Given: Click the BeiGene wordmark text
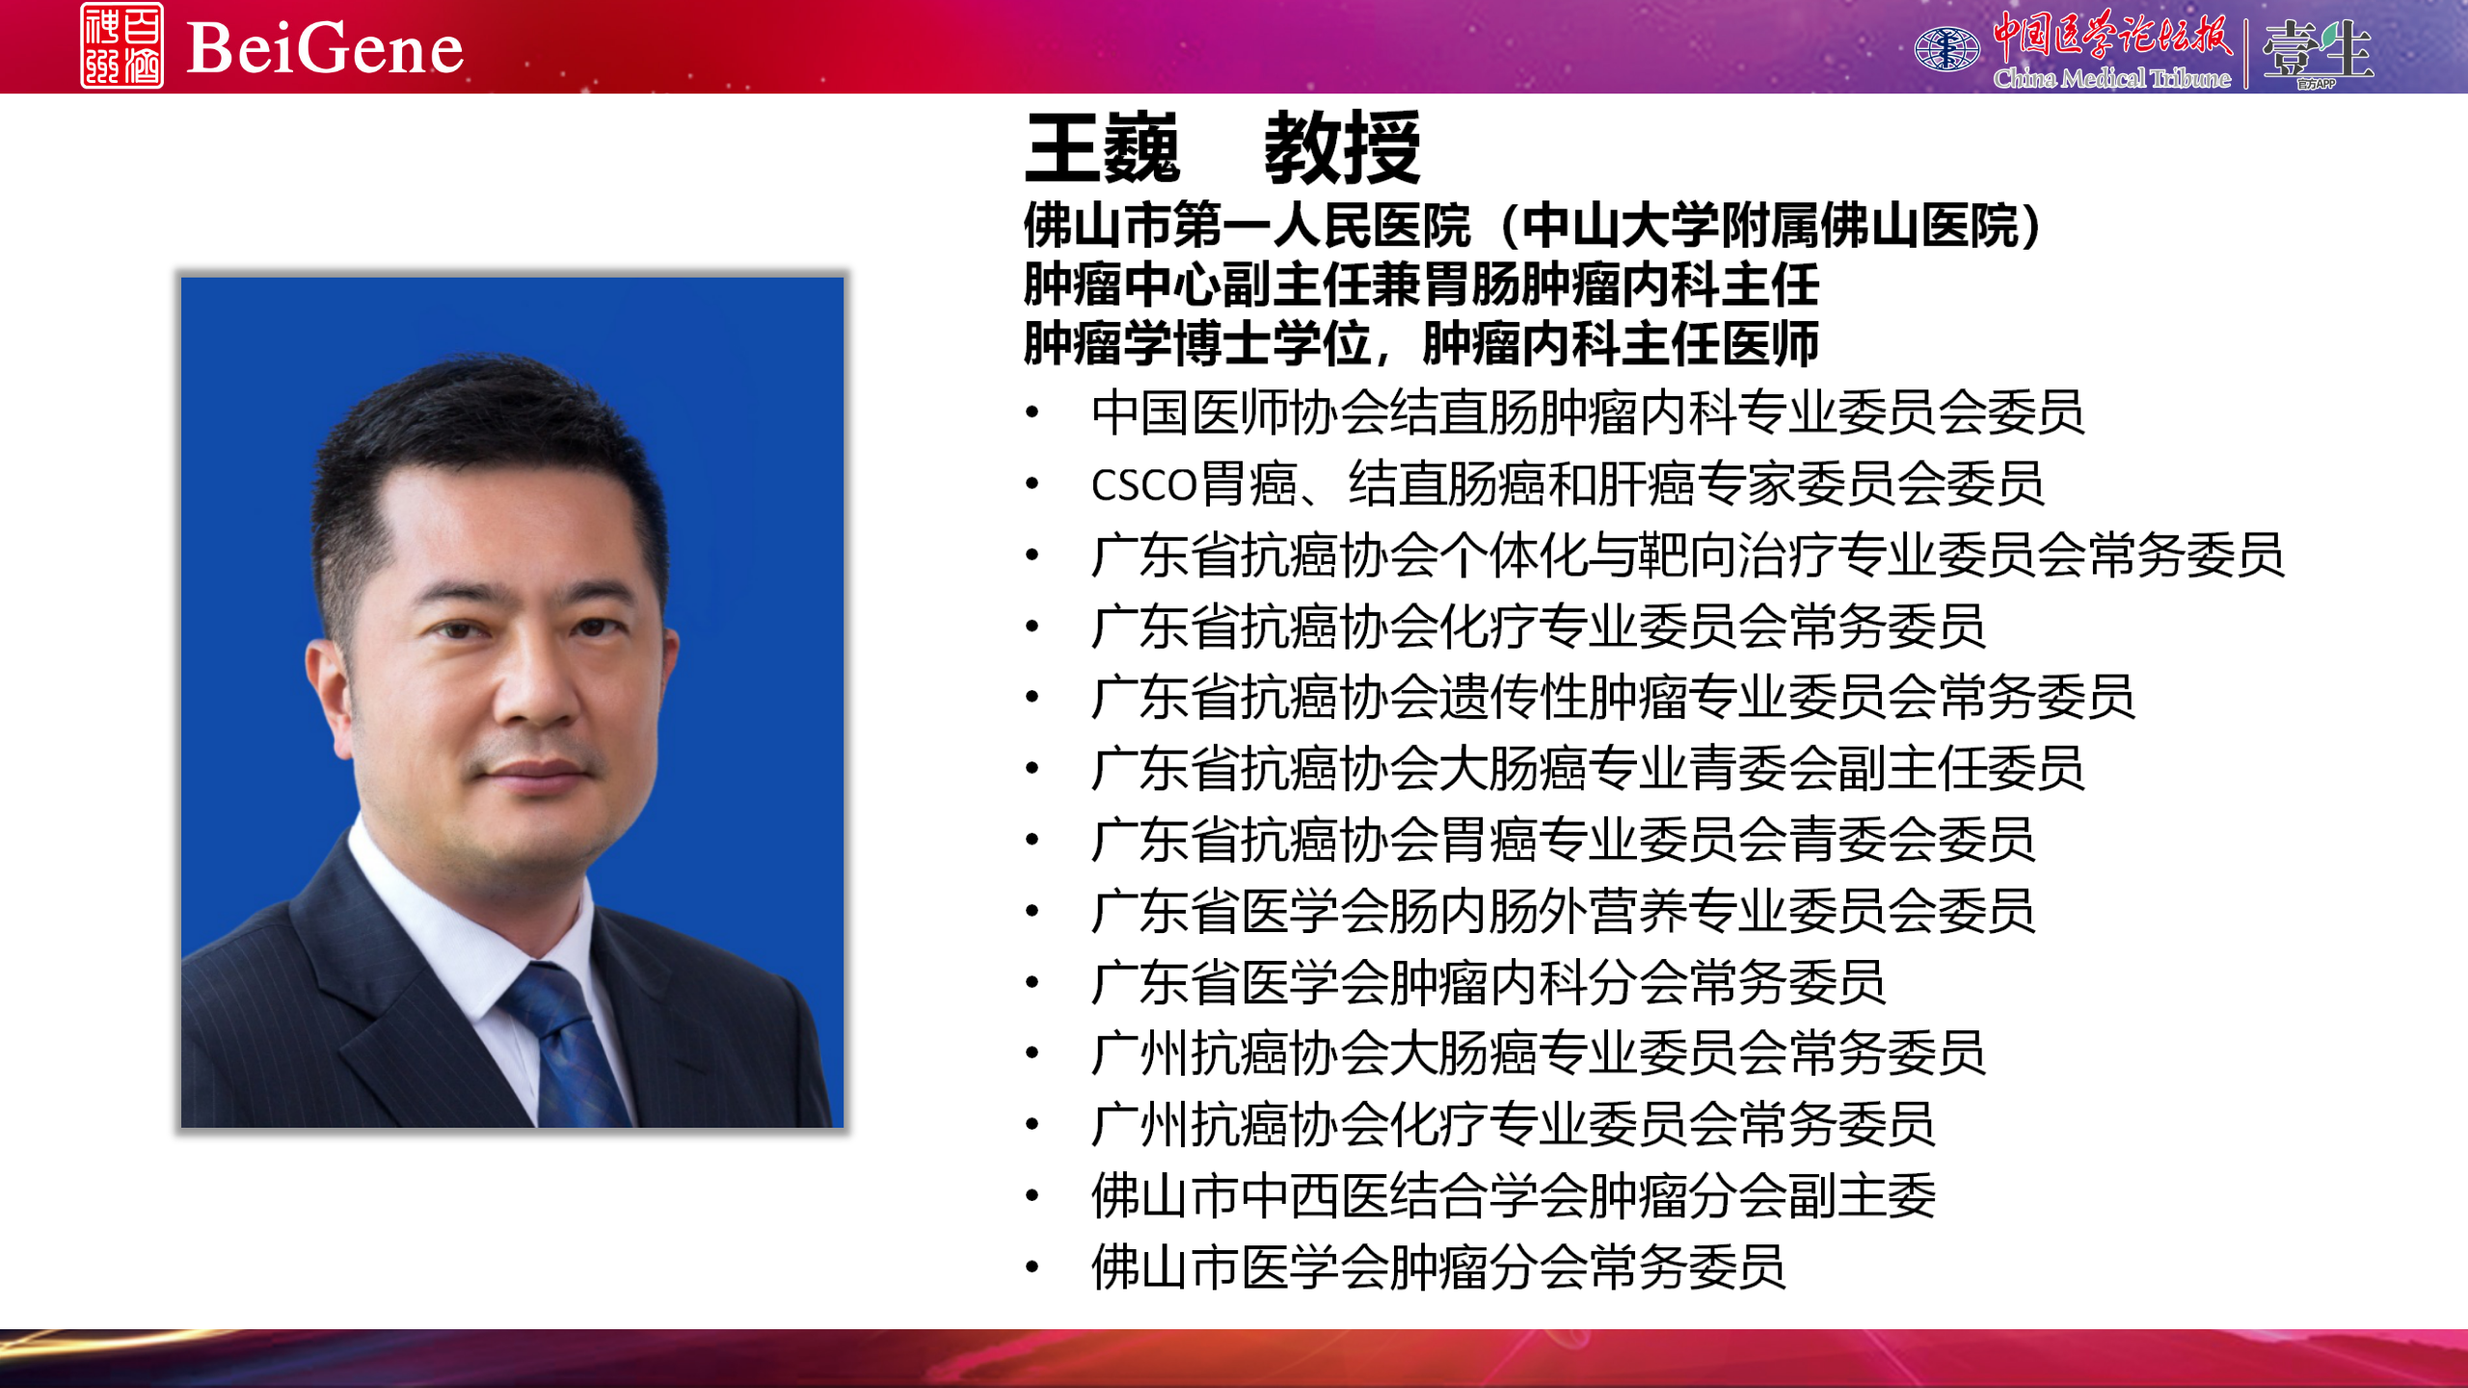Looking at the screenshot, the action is tap(325, 48).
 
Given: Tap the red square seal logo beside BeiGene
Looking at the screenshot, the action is tap(121, 45).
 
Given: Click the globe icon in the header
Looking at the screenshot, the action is tap(1946, 48).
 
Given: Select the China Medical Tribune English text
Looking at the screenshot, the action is tap(2111, 78).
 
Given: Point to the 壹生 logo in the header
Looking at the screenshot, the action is tap(2317, 50).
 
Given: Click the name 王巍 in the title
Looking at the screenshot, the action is tap(1103, 148).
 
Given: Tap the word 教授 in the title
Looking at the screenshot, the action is tap(1342, 148).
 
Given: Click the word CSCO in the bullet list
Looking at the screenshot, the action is tap(1143, 485).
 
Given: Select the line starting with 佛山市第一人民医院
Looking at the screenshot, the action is tap(1533, 226).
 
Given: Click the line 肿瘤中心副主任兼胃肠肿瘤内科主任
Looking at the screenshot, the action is tap(1421, 284).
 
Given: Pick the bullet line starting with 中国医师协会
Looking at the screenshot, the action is tap(1587, 413).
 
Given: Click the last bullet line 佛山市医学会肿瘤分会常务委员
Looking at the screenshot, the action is tap(1438, 1267).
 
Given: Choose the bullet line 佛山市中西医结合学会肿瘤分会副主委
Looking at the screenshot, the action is tap(1514, 1195).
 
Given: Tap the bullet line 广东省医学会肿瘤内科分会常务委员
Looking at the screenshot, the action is tap(1489, 982).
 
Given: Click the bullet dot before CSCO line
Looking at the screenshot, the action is tap(1033, 484).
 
